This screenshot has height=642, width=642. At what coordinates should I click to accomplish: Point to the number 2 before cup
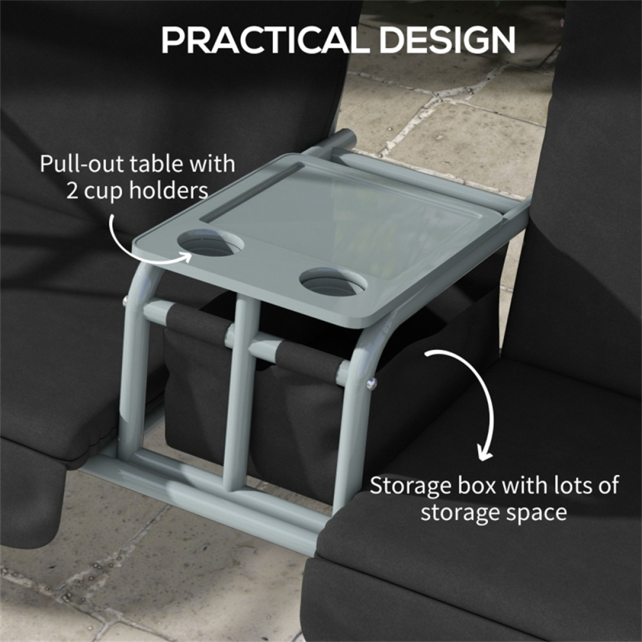click(72, 190)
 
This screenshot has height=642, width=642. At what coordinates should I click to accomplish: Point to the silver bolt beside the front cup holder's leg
click(370, 383)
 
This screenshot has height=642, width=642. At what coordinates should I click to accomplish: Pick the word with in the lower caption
click(525, 486)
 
